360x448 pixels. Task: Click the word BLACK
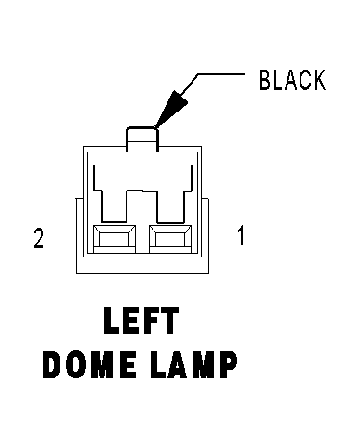(x=293, y=80)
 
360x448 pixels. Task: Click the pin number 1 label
(x=241, y=236)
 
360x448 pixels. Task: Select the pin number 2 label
(x=39, y=238)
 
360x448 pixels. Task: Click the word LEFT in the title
(x=141, y=320)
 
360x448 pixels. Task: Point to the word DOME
(x=89, y=364)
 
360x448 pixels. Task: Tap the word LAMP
(x=193, y=364)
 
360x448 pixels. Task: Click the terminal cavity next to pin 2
(x=114, y=239)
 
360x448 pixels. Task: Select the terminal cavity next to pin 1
(x=170, y=239)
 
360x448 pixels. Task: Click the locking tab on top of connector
(x=142, y=139)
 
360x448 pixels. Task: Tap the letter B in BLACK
(x=265, y=80)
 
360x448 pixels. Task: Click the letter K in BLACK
(x=319, y=80)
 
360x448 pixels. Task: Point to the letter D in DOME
(x=51, y=364)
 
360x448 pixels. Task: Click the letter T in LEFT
(x=169, y=320)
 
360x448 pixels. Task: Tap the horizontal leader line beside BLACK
(x=221, y=74)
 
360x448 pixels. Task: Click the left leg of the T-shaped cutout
(x=114, y=206)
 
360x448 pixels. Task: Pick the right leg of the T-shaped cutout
(x=170, y=206)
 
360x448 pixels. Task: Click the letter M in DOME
(x=100, y=364)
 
